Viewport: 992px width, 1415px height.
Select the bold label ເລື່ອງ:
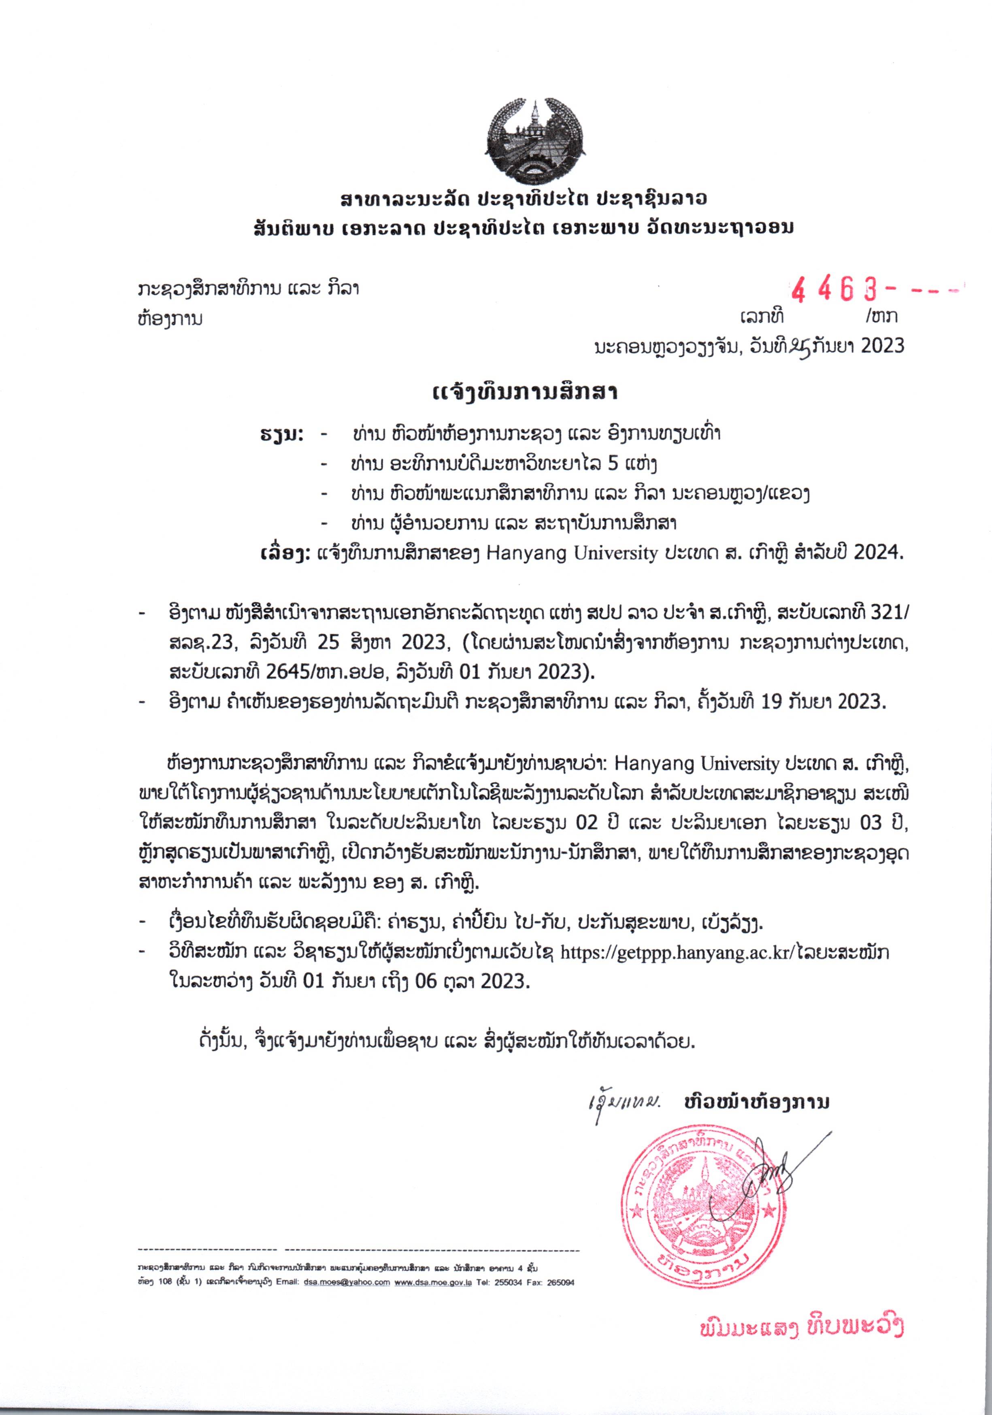284,553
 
